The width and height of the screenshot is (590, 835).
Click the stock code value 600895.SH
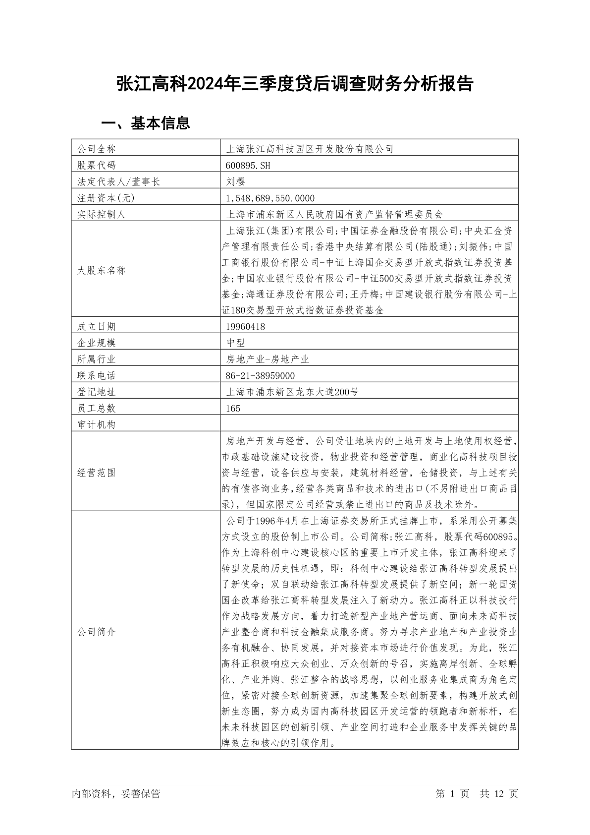pos(248,165)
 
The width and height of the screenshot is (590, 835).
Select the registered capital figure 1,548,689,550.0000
pos(270,198)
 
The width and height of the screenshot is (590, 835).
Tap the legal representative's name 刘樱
pos(235,181)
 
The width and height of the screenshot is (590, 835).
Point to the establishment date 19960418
pos(245,326)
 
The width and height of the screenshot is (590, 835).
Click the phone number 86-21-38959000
pos(260,375)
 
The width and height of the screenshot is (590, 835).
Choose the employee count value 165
pos(233,408)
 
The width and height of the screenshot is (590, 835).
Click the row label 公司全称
pos(97,149)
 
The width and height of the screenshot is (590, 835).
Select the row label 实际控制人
pos(102,214)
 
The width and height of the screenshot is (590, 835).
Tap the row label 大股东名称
pos(102,270)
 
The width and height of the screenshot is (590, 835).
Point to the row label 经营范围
pos(97,473)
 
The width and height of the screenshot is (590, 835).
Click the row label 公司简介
pos(97,632)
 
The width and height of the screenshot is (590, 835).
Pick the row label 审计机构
pos(97,424)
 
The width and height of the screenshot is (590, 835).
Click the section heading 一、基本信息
pos(146,123)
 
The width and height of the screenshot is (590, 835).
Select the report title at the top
pos(295,84)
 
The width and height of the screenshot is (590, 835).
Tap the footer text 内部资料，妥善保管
pos(116,793)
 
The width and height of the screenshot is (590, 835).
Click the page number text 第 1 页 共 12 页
pos(477,793)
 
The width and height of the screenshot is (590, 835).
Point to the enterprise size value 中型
pos(235,343)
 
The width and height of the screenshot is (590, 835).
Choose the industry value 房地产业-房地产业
pos(268,359)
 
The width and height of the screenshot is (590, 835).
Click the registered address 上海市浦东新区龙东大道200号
pos(292,392)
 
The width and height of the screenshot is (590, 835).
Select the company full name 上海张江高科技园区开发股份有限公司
pos(310,149)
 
